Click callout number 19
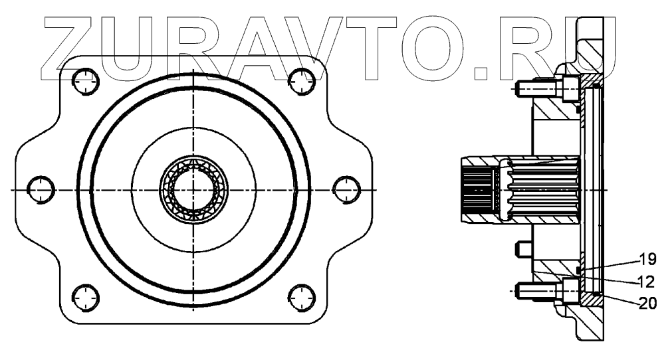pos(647,258)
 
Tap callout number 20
pos(648,303)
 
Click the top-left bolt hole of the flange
pos(85,82)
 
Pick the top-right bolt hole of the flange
pos(302,82)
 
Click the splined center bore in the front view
pos(193,189)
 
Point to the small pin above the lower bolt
pos(522,250)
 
